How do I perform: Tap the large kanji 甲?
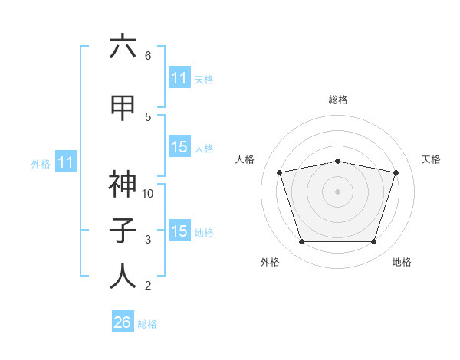123,108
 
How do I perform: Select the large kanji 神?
123,184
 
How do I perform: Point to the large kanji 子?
123,230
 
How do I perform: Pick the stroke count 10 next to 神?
147,194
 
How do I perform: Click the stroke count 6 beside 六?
148,56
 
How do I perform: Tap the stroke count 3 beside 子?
148,240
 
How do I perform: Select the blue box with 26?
123,321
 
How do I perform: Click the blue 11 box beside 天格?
179,77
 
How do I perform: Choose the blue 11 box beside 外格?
66,162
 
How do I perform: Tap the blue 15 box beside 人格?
179,146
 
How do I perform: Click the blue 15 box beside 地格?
179,230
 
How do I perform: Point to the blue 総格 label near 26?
147,324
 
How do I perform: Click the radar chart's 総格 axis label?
338,100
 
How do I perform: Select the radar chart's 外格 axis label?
270,262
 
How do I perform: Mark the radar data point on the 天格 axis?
396,172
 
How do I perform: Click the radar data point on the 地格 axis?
374,241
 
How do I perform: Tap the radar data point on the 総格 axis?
338,162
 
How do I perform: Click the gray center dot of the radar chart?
337,191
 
